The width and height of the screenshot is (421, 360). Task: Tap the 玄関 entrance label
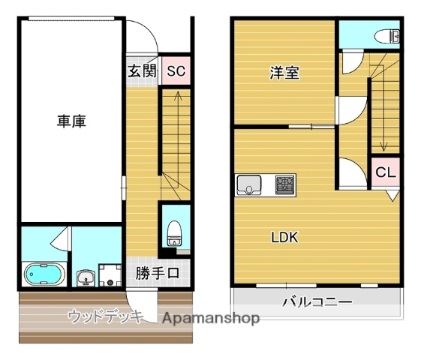tap(141, 72)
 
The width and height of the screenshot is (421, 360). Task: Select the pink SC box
tap(176, 72)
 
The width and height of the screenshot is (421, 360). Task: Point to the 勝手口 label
tap(158, 273)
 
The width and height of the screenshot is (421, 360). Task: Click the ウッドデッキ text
tap(105, 316)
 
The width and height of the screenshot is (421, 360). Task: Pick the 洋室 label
tap(284, 73)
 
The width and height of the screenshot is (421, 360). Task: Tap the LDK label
tap(284, 238)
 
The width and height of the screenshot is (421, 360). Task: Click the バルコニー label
tap(317, 303)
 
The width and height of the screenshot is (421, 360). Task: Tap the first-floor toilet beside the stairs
tap(175, 233)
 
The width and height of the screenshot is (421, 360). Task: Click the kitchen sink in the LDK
tap(250, 184)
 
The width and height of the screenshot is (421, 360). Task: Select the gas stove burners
tap(284, 184)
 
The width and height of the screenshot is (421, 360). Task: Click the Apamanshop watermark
tap(211, 319)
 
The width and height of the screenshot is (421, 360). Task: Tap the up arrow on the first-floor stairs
tap(176, 95)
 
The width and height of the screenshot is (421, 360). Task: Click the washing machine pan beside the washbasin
tap(110, 275)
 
